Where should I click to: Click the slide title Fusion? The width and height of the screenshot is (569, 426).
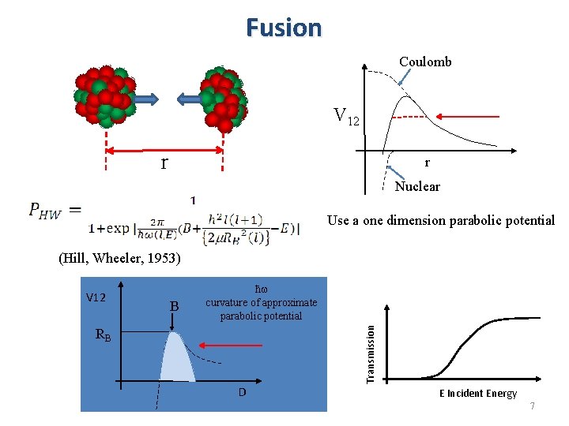click(x=284, y=28)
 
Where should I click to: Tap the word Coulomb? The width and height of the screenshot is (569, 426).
click(x=425, y=62)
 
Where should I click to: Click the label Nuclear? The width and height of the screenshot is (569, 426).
click(x=417, y=186)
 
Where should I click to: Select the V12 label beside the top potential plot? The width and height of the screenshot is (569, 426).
click(x=346, y=118)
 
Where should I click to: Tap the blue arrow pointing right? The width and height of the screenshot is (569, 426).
click(x=146, y=99)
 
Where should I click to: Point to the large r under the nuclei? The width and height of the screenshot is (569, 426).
click(x=164, y=163)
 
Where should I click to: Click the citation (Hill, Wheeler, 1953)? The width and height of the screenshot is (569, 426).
click(x=120, y=258)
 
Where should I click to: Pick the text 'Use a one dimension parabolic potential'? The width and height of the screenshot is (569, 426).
click(x=441, y=220)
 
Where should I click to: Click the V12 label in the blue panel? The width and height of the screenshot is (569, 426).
click(x=96, y=297)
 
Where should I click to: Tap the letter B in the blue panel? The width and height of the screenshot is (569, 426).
click(x=175, y=305)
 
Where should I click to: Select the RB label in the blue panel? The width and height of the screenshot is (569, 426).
click(x=104, y=334)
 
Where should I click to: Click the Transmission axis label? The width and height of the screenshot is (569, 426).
click(x=370, y=345)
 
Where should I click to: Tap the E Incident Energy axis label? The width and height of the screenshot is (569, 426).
click(x=477, y=394)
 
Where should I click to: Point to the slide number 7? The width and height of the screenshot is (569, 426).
click(x=533, y=405)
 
